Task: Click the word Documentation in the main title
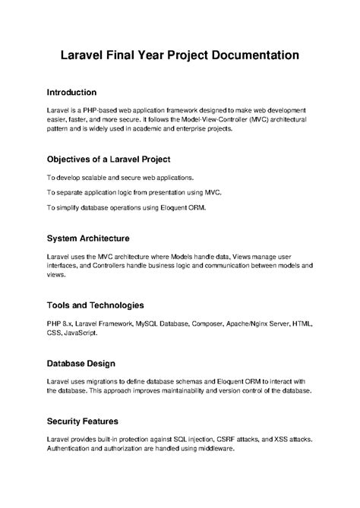(x=245, y=55)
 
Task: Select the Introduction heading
(x=71, y=92)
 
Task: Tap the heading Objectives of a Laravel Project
(x=108, y=159)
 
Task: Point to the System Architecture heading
(x=87, y=238)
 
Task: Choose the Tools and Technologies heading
(x=95, y=304)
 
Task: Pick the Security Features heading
(x=82, y=420)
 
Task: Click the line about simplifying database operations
(x=125, y=207)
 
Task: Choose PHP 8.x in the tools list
(x=59, y=323)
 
